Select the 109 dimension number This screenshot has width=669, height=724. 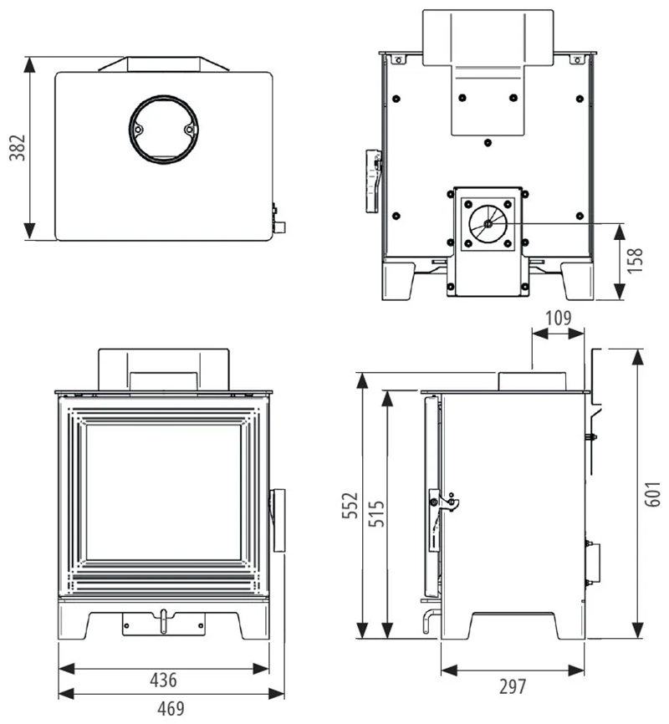coord(558,319)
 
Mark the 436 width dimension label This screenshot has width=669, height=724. coord(163,679)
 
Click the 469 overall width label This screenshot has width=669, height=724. coord(170,709)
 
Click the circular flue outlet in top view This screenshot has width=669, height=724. coord(164,130)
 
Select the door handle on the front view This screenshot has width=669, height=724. coord(277,521)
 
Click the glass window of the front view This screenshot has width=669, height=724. coord(164,492)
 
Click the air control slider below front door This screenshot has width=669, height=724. coord(164,622)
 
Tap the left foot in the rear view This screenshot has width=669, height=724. coord(398,278)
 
